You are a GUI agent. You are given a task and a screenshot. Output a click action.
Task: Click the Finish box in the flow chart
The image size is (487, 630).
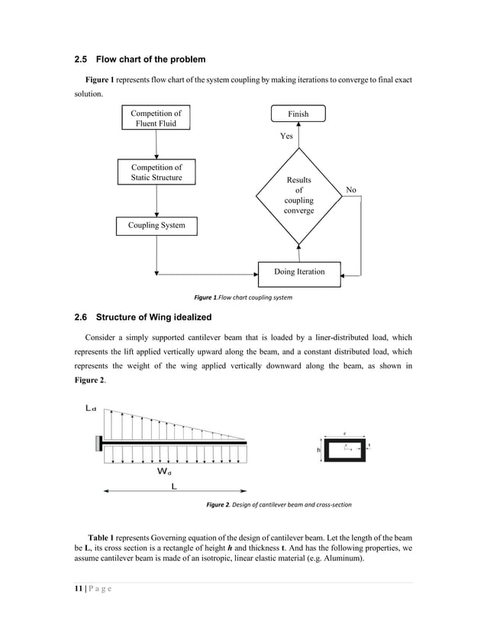coord(298,114)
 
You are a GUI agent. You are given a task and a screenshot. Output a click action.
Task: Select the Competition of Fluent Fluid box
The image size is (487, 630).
coord(156,118)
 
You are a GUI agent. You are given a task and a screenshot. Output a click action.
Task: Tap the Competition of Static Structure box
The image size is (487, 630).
coord(156,172)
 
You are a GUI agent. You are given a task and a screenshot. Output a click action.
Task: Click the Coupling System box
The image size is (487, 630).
coord(156,226)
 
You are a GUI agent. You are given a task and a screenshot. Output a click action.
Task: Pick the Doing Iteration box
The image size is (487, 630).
coord(298,272)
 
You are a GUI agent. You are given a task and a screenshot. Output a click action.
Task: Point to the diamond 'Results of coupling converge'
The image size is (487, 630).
coord(298,195)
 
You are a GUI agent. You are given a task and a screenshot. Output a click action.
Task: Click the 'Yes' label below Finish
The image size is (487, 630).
coord(287,137)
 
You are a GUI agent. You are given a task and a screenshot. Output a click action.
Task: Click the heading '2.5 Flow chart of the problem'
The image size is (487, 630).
coord(140,59)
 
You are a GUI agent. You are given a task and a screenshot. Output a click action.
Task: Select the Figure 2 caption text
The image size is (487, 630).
coord(279,505)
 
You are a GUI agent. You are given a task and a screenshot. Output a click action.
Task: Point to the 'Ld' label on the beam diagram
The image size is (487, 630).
coord(90,409)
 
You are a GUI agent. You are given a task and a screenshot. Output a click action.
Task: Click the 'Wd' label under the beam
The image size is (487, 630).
coord(164,471)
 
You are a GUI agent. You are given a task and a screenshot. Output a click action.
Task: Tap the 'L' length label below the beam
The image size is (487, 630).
coord(174,485)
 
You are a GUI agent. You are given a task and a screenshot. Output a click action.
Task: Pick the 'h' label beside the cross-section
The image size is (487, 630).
coord(319,450)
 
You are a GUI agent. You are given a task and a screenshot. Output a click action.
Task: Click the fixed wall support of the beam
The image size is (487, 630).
coord(98,442)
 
